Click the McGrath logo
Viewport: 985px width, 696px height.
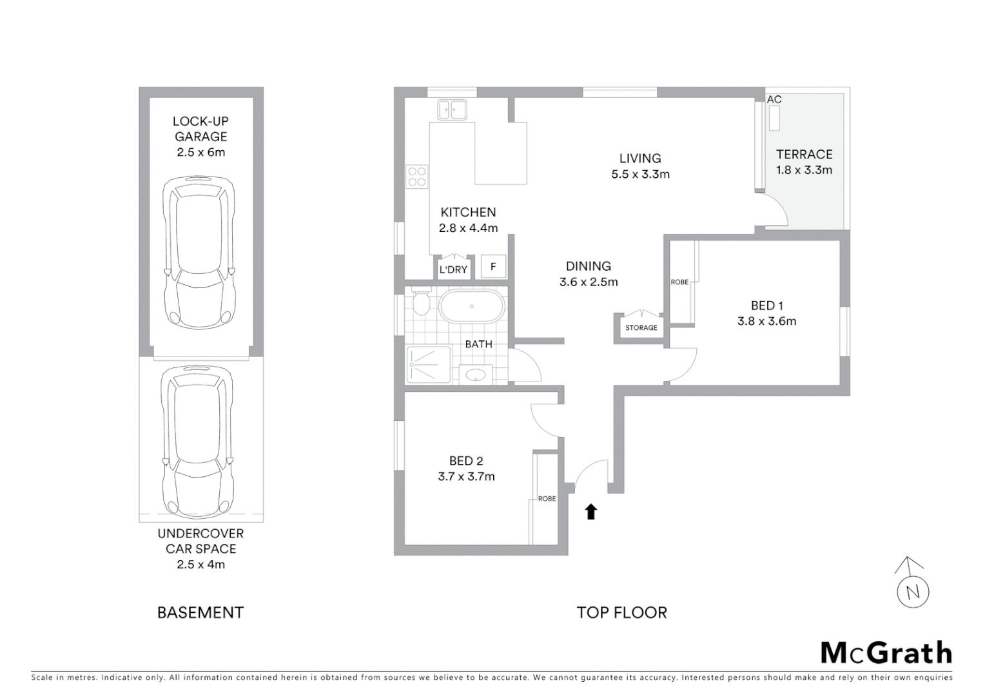[x=886, y=653]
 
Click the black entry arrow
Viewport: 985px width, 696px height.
[x=590, y=512]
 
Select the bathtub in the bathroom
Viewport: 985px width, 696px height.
[x=471, y=306]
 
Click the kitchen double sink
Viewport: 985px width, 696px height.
[x=452, y=110]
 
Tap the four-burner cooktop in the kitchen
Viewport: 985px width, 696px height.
[x=417, y=177]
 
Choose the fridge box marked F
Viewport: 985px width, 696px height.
[x=493, y=266]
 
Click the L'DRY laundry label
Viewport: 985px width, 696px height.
[x=453, y=269]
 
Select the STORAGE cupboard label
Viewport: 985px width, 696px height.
[x=641, y=327]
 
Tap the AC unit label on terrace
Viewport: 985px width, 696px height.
[x=774, y=99]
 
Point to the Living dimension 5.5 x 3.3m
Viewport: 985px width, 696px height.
[x=640, y=174]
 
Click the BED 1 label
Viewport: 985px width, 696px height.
[x=766, y=305]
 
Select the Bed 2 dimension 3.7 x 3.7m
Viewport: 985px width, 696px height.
[x=466, y=477]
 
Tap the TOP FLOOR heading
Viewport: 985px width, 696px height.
[x=621, y=612]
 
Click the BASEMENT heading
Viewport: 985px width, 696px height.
[x=200, y=612]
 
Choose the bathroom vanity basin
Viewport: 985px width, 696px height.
[x=476, y=375]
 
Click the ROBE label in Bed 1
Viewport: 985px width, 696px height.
[x=679, y=282]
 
